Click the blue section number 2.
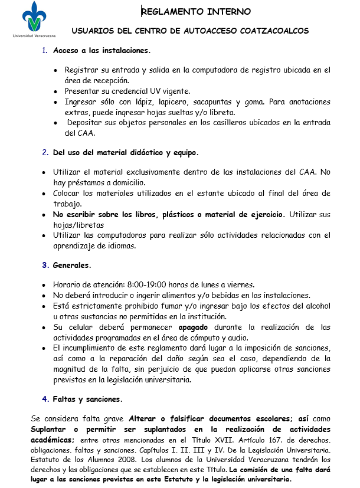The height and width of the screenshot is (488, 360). (x=45, y=152)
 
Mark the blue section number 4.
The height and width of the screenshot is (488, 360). (x=45, y=399)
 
